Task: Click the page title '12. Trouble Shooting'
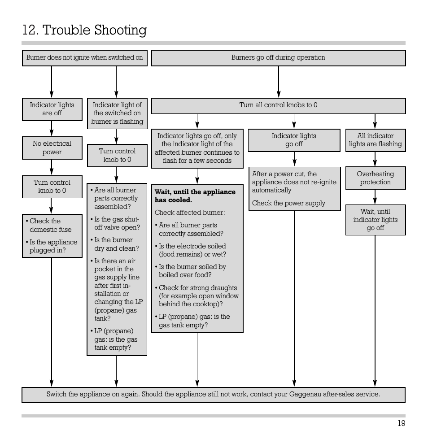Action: pyautogui.click(x=84, y=30)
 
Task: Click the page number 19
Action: pyautogui.click(x=401, y=424)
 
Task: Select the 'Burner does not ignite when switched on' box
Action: pyautogui.click(x=85, y=58)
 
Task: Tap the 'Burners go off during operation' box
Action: pyautogui.click(x=278, y=58)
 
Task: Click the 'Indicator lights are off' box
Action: pyautogui.click(x=52, y=109)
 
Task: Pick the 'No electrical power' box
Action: pyautogui.click(x=52, y=148)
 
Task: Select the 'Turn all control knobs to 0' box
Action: pyautogui.click(x=278, y=105)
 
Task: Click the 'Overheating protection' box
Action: pyautogui.click(x=375, y=178)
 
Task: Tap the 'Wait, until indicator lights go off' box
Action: pyautogui.click(x=375, y=220)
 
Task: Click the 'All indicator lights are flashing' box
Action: pyautogui.click(x=375, y=140)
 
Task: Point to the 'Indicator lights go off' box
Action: pyautogui.click(x=294, y=140)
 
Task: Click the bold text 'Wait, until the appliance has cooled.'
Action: pyautogui.click(x=195, y=196)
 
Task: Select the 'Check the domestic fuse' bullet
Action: pyautogui.click(x=50, y=225)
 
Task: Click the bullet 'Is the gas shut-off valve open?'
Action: pyautogui.click(x=117, y=223)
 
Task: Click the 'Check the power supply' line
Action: pyautogui.click(x=288, y=203)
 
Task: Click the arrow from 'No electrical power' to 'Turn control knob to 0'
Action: pyautogui.click(x=52, y=167)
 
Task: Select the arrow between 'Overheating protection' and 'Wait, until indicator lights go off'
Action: pyautogui.click(x=375, y=197)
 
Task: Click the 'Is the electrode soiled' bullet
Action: pyautogui.click(x=192, y=250)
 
